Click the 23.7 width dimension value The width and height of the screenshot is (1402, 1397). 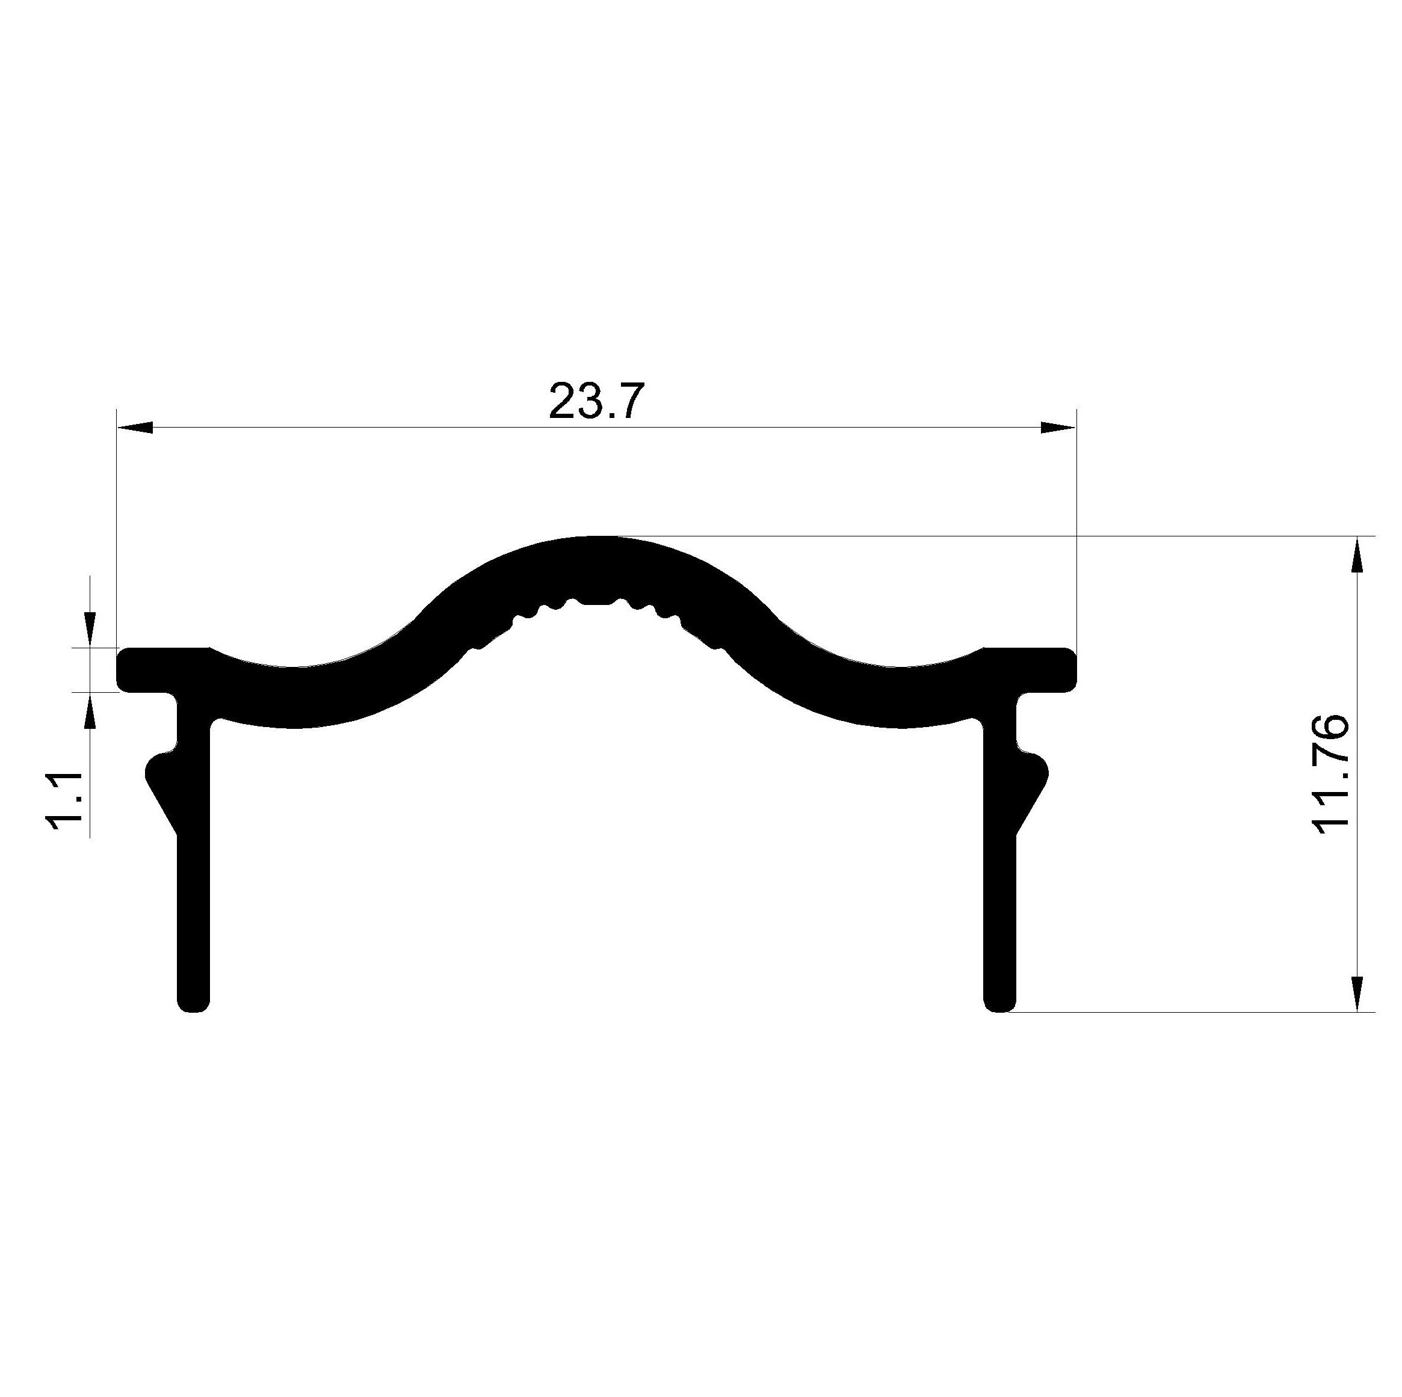click(x=596, y=402)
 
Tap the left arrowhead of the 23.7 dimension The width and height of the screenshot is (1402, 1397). click(x=135, y=427)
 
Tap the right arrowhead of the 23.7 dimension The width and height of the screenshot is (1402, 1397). click(x=1058, y=427)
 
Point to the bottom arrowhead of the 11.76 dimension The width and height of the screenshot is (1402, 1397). click(x=1356, y=993)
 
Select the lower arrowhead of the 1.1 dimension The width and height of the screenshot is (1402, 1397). click(x=90, y=710)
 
